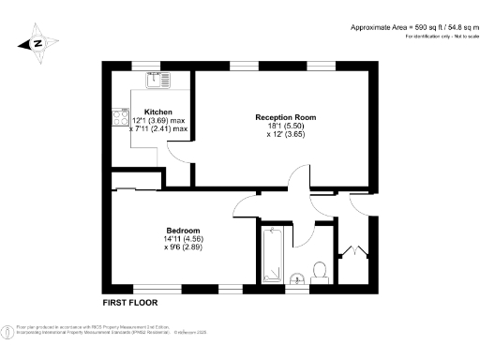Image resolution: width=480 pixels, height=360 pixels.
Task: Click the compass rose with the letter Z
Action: tap(36, 42)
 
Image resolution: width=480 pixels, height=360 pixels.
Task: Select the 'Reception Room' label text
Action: tap(285, 117)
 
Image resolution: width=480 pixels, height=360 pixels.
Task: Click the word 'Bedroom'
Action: tap(183, 231)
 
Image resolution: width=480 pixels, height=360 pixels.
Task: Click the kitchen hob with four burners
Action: tap(120, 118)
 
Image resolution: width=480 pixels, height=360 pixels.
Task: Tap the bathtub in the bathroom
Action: tap(272, 253)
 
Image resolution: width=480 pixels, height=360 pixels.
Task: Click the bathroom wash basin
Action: tap(296, 277)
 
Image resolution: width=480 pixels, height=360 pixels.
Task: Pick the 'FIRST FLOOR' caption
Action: tap(130, 303)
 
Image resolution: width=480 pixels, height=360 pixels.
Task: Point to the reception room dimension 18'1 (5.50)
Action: tap(285, 127)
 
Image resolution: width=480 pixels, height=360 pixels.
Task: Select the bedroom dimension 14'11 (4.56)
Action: tap(183, 239)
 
